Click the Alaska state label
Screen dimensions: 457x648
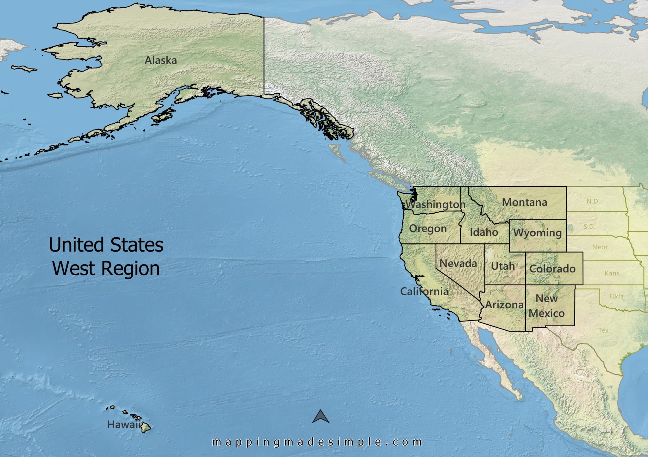tap(161, 60)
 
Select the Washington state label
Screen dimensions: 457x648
tap(436, 204)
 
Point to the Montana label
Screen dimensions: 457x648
tap(524, 202)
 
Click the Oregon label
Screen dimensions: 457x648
tap(428, 228)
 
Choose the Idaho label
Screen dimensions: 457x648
tap(484, 232)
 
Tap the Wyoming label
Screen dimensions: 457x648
tap(538, 233)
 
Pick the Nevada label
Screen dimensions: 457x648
tap(458, 263)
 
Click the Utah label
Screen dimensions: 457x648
tap(503, 266)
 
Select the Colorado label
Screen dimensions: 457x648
tap(552, 269)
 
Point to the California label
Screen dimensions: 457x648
tap(424, 291)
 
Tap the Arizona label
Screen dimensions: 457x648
tap(504, 304)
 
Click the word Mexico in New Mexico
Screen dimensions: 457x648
tap(546, 313)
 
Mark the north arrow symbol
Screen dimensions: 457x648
tap(321, 417)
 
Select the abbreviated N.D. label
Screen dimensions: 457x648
tap(593, 201)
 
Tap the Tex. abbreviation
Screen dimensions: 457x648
tap(604, 330)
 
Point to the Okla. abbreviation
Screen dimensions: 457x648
tap(617, 296)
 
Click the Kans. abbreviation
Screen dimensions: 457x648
tap(613, 273)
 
